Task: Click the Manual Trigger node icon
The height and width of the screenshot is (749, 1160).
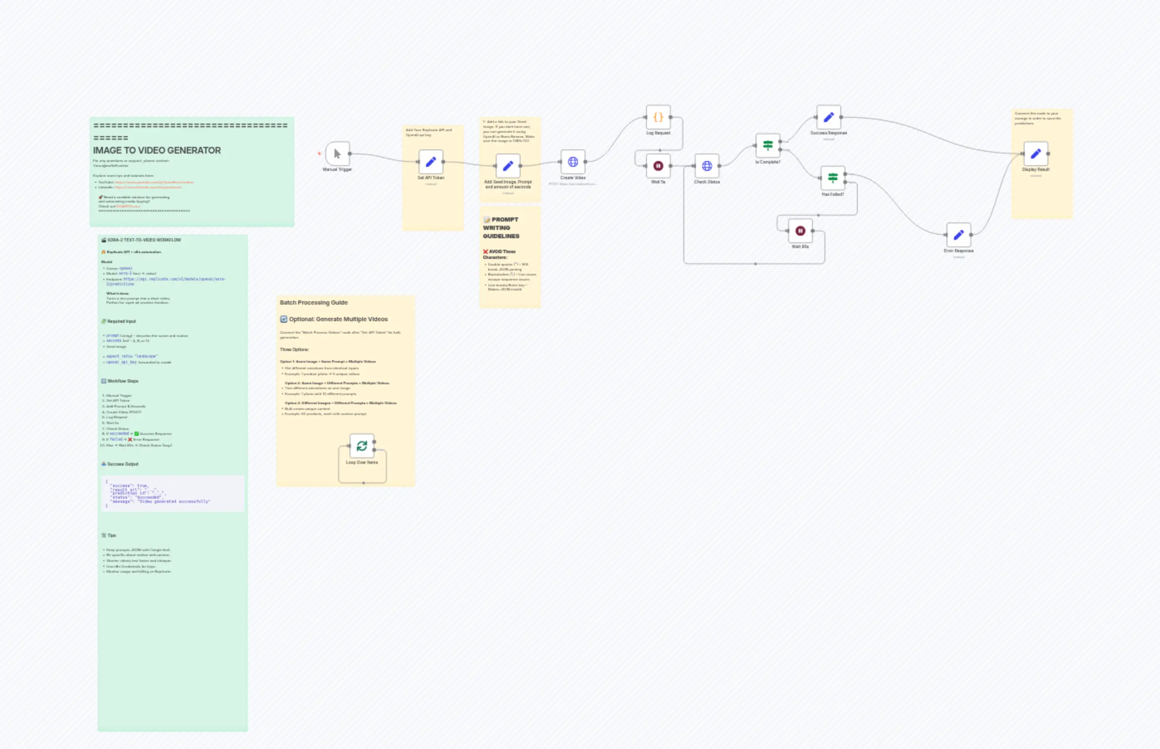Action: pos(337,154)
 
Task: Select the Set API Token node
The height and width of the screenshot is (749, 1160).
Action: pos(431,162)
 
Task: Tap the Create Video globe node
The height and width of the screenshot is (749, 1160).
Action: pos(573,162)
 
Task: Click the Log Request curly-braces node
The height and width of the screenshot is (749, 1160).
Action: pos(658,117)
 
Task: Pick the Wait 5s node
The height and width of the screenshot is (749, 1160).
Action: pos(658,166)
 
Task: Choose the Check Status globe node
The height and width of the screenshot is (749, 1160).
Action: pos(707,166)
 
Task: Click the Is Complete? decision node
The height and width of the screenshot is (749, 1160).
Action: pos(768,145)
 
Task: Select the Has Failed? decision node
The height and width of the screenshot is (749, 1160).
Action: pos(832,178)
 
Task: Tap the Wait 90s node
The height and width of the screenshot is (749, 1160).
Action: pos(800,231)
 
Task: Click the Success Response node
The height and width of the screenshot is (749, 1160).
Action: pos(828,117)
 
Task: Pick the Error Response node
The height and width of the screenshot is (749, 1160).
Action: pos(959,235)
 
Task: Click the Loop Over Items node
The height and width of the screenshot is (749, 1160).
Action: pos(362,446)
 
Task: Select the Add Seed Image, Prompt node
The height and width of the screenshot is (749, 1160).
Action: pos(507,166)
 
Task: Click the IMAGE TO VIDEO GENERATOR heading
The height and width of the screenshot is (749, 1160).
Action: pos(157,151)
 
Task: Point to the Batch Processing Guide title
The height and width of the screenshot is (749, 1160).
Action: pos(313,303)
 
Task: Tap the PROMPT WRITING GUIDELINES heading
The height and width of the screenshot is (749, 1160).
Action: pos(501,228)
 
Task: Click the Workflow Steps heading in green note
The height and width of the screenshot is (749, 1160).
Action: pos(122,381)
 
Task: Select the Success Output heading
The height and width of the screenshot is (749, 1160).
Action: pos(122,464)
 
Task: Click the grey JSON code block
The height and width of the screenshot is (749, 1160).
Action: pos(173,493)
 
